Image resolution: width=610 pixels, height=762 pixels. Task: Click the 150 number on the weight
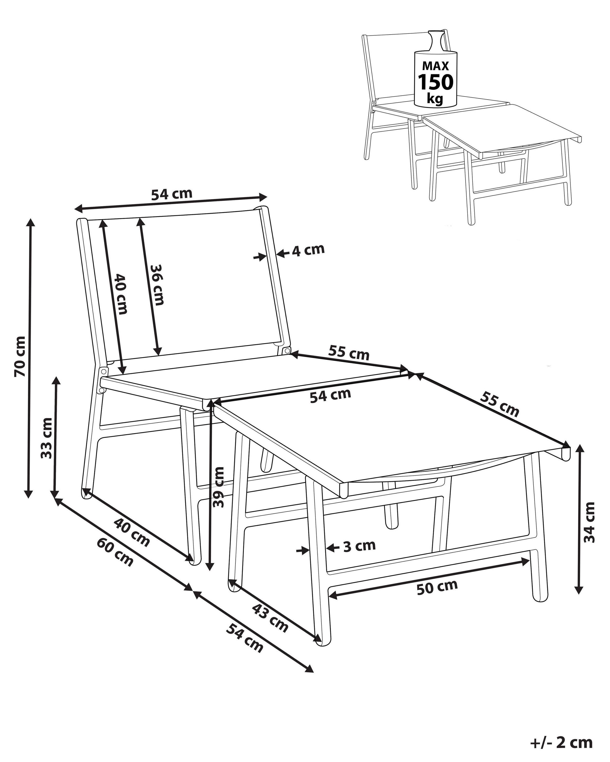pyautogui.click(x=436, y=82)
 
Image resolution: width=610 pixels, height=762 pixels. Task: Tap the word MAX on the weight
pyautogui.click(x=436, y=66)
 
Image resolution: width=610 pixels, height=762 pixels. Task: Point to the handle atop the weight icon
pyautogui.click(x=436, y=40)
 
